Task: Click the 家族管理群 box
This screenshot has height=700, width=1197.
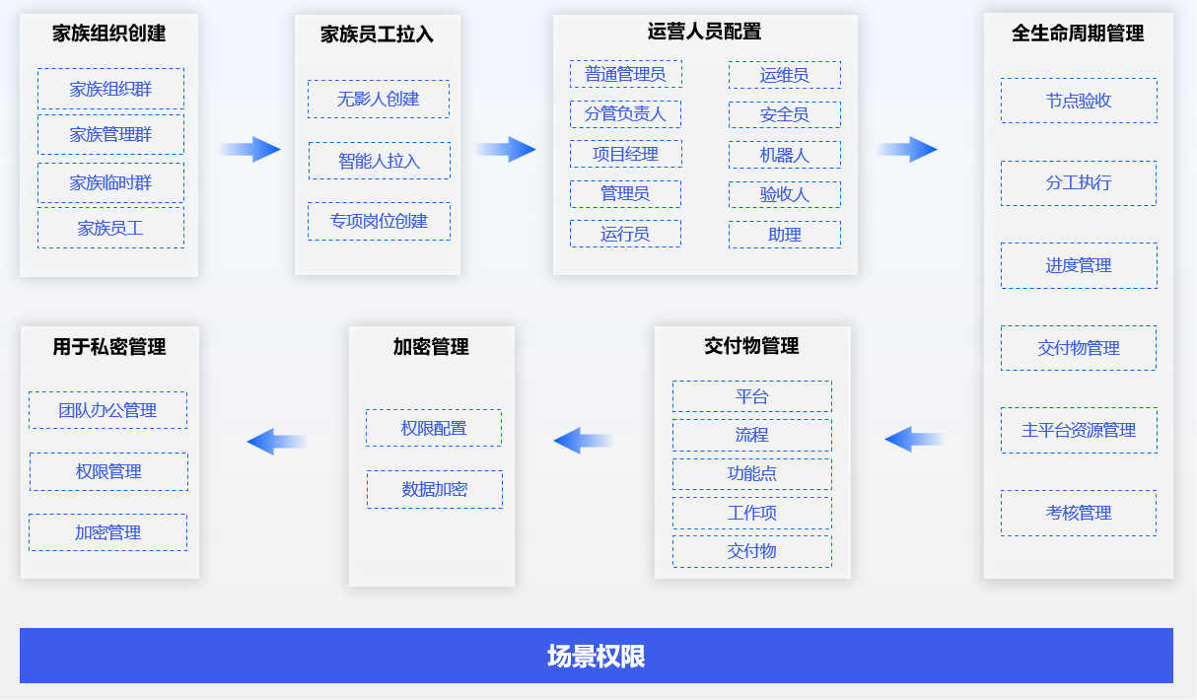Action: point(110,134)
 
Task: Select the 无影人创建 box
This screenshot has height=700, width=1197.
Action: point(379,99)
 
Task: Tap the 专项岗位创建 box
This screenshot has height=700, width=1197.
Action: point(379,221)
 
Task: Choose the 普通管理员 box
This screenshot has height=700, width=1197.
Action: point(626,74)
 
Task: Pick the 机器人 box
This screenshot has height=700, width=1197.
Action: point(785,155)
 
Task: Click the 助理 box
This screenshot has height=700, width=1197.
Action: point(785,235)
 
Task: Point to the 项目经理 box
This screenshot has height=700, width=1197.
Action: point(626,154)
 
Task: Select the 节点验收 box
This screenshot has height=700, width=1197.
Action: point(1079,101)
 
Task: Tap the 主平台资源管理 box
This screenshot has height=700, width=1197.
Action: point(1079,430)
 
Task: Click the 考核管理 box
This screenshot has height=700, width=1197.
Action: point(1079,513)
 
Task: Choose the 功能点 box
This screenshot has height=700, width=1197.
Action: point(752,473)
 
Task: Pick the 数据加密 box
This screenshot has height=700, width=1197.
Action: point(435,489)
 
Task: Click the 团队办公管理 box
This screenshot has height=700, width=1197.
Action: point(107,410)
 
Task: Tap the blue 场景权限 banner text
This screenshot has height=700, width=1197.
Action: point(597,657)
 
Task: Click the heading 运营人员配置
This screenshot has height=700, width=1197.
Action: point(704,33)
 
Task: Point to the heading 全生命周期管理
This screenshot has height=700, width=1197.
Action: point(1078,34)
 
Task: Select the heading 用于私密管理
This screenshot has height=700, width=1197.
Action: point(109,347)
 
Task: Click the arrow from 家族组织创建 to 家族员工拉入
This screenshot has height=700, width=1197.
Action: point(249,149)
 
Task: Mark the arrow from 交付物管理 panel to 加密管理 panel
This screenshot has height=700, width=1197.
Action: point(583,441)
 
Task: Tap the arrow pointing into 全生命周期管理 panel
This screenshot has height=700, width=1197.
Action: point(907,149)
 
